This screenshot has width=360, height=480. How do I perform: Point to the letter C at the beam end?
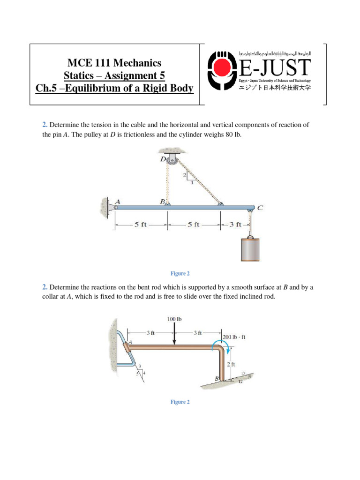pyautogui.click(x=260, y=207)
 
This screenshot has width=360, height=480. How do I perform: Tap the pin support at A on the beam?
pyautogui.click(x=114, y=206)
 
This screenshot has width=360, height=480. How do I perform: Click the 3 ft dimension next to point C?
pyautogui.click(x=235, y=225)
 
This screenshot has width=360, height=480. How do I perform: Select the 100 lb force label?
pyautogui.click(x=174, y=319)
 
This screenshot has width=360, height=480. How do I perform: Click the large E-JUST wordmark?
pyautogui.click(x=275, y=68)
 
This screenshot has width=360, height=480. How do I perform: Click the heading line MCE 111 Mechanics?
pyautogui.click(x=114, y=63)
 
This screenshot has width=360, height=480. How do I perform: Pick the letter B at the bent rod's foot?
pyautogui.click(x=217, y=378)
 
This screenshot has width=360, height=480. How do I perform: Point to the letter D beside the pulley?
pyautogui.click(x=163, y=158)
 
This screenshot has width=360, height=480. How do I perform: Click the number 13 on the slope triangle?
pyautogui.click(x=243, y=373)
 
